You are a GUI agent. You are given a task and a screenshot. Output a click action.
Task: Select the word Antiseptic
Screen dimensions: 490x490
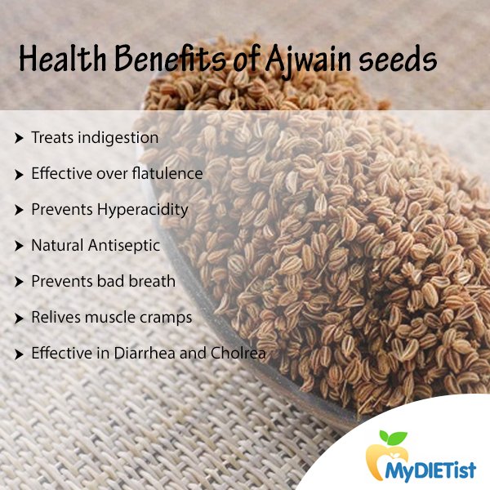(x=125, y=245)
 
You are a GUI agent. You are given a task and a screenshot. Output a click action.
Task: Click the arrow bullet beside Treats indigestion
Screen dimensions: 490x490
(x=19, y=138)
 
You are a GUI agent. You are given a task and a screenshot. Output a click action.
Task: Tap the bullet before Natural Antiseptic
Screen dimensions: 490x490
(x=19, y=246)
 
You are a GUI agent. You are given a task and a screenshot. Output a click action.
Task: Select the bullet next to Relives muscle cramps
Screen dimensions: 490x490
(x=19, y=318)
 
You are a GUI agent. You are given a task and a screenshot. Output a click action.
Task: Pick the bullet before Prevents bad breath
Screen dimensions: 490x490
(x=19, y=282)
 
